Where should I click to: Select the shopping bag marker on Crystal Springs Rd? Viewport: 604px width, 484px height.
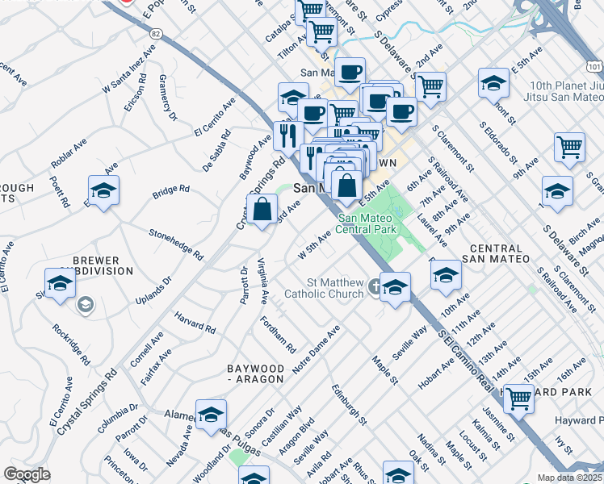pyautogui.click(x=263, y=211)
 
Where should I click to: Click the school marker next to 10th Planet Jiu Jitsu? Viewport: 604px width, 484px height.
pyautogui.click(x=493, y=84)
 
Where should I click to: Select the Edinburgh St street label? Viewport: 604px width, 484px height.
pyautogui.click(x=349, y=405)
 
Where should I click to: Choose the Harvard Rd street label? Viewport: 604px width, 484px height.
pyautogui.click(x=194, y=323)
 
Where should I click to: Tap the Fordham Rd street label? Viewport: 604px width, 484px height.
pyautogui.click(x=278, y=334)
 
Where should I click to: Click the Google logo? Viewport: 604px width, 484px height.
pyautogui.click(x=27, y=474)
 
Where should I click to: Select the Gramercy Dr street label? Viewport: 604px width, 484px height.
pyautogui.click(x=168, y=99)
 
